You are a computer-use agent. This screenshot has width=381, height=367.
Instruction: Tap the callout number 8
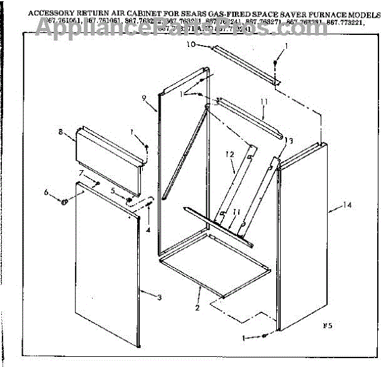[x=60, y=132]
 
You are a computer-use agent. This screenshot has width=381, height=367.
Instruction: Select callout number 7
[x=81, y=173]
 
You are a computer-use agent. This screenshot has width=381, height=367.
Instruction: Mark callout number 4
[x=147, y=230]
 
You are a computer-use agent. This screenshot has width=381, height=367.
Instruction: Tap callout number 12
[x=230, y=154]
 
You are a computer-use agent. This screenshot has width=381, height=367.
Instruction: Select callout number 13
[x=290, y=140]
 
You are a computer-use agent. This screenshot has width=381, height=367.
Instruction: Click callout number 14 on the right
[x=346, y=204]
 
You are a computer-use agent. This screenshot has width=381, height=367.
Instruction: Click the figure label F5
[x=327, y=326]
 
